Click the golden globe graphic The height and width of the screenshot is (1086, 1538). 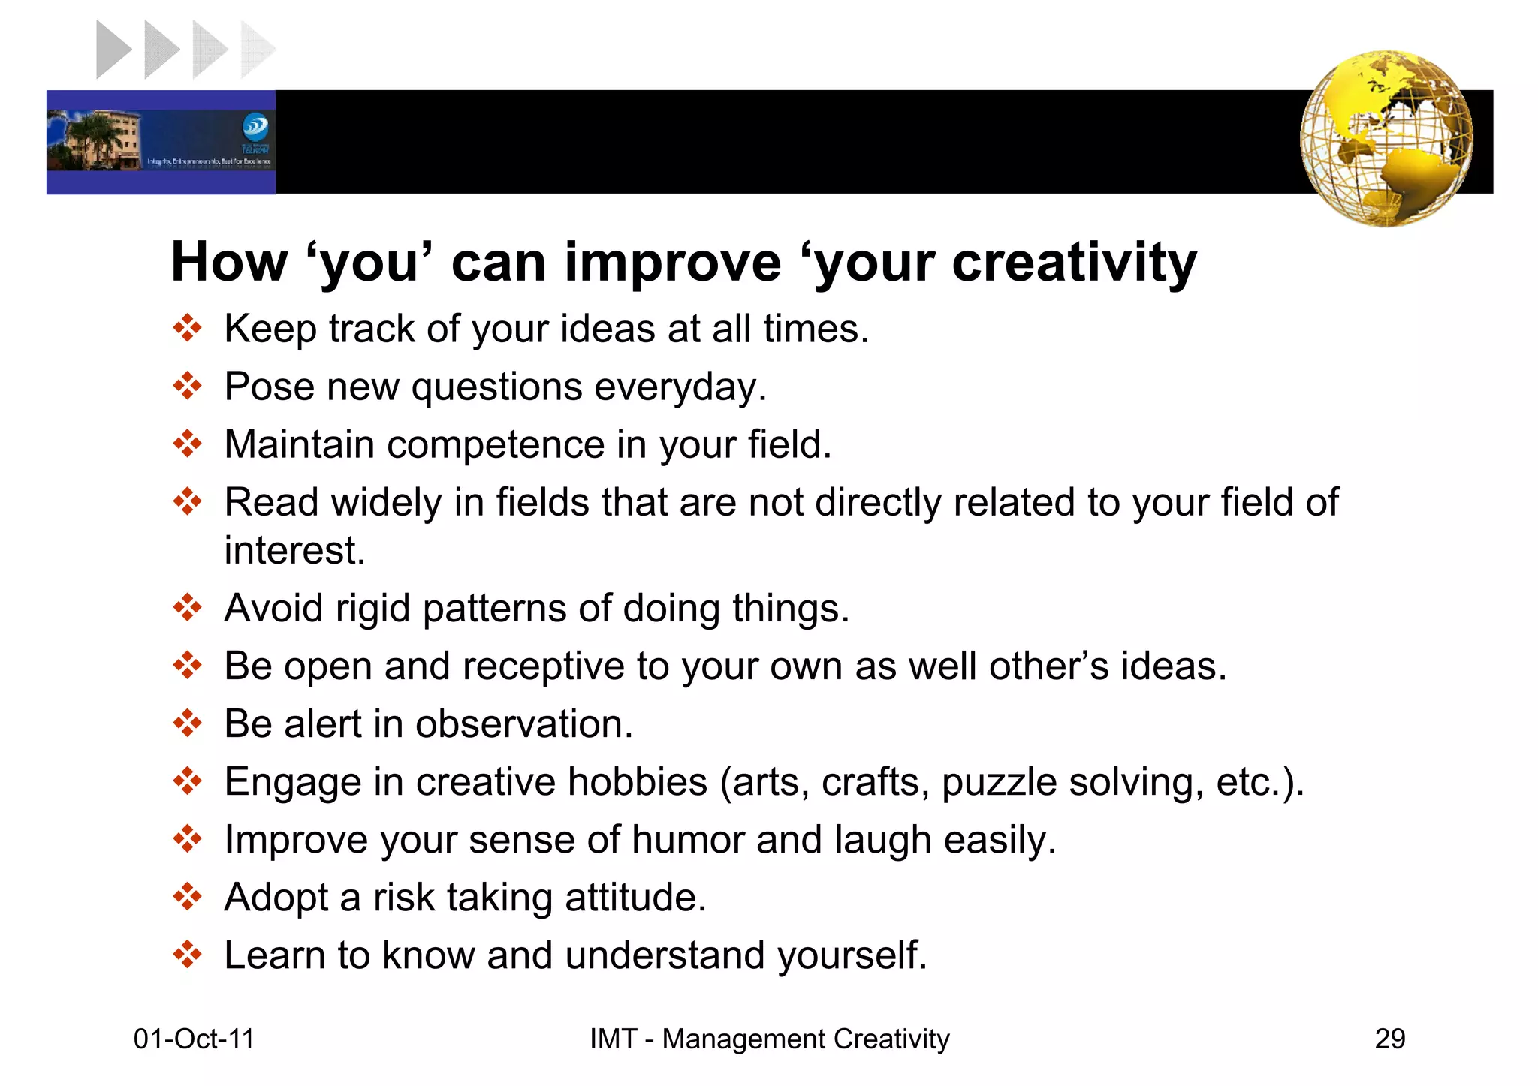[1386, 139]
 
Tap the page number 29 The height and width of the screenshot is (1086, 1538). [1389, 1039]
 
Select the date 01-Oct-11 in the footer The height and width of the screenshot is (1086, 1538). [194, 1039]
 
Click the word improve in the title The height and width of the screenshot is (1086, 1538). [673, 263]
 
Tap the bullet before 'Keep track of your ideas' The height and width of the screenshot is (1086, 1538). [187, 328]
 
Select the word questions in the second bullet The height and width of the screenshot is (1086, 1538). [496, 387]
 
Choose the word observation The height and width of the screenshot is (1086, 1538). [523, 724]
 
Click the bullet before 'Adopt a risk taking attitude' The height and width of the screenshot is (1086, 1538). [187, 896]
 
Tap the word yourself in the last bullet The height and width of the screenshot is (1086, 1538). [852, 955]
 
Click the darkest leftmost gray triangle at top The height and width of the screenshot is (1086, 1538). [113, 50]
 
